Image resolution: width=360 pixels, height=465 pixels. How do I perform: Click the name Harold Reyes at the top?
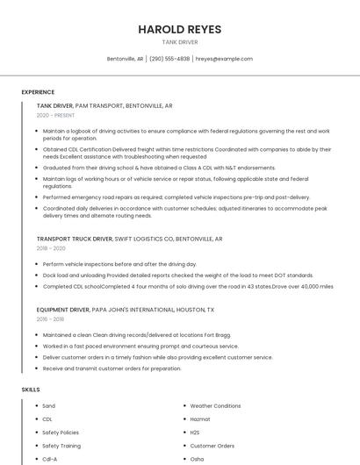click(x=180, y=29)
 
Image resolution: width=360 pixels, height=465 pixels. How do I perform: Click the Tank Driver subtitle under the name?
click(x=180, y=42)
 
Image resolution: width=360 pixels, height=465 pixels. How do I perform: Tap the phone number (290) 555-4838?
click(x=169, y=59)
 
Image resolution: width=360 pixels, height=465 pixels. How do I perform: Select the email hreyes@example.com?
click(x=224, y=59)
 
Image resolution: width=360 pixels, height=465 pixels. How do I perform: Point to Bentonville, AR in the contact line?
click(x=125, y=59)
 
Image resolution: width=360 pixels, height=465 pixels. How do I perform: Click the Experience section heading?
click(x=38, y=92)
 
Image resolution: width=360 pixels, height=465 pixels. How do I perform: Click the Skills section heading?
click(x=31, y=389)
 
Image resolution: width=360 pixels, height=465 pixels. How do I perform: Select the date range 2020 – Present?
click(x=55, y=115)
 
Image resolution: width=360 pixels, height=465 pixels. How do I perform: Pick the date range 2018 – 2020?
click(x=51, y=248)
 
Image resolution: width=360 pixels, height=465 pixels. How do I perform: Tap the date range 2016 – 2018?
click(x=51, y=319)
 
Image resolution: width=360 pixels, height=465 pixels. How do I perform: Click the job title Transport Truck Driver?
click(x=75, y=239)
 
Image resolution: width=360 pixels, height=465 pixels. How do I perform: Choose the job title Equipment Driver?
click(x=63, y=310)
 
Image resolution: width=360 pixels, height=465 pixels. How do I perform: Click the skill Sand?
click(x=48, y=406)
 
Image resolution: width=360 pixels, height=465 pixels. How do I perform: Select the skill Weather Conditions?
click(x=215, y=406)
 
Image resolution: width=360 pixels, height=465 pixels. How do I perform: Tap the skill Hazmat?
click(x=200, y=419)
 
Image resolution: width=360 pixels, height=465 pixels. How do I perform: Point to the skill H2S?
click(x=195, y=433)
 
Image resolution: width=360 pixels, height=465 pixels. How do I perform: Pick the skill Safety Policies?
click(x=61, y=433)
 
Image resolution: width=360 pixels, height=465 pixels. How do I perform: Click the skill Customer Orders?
click(x=212, y=446)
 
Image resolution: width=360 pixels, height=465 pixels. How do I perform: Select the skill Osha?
click(x=197, y=459)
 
